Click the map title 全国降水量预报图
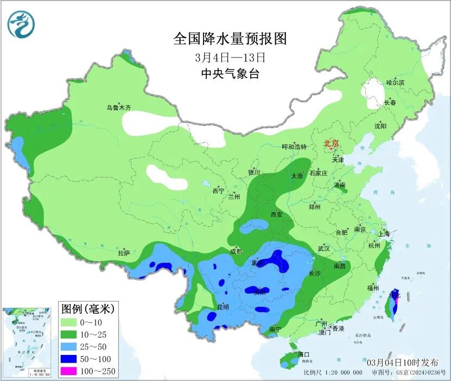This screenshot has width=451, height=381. click(230, 39)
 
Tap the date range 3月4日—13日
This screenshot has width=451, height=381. click(230, 57)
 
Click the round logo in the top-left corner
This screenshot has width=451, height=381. click(21, 24)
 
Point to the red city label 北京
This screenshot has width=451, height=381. click(331, 143)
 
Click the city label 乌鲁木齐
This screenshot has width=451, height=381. click(118, 108)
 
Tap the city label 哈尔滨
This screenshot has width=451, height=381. click(395, 82)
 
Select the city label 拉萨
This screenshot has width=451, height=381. click(124, 253)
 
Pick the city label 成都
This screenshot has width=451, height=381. click(236, 251)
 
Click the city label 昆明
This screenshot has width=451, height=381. click(223, 307)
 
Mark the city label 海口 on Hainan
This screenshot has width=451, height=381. click(303, 354)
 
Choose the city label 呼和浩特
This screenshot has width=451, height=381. click(294, 147)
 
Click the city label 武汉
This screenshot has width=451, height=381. click(324, 249)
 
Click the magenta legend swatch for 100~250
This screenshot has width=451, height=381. click(72, 370)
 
